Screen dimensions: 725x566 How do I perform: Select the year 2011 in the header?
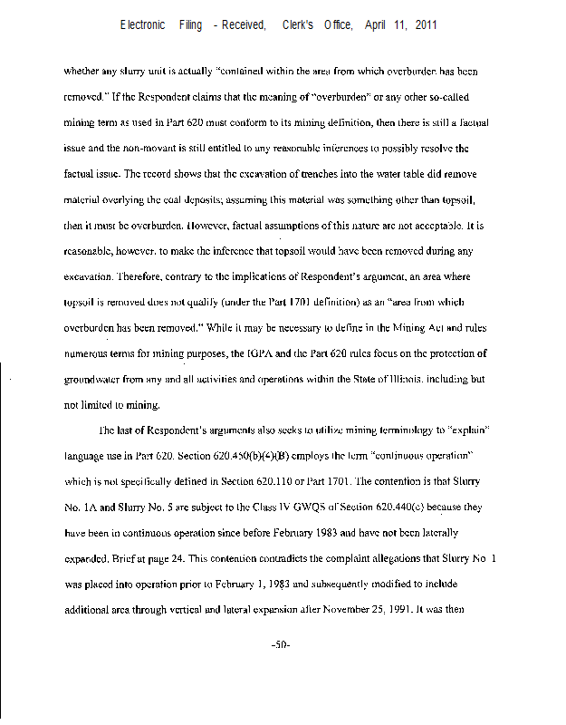pyautogui.click(x=426, y=25)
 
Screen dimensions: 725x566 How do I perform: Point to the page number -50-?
pyautogui.click(x=280, y=645)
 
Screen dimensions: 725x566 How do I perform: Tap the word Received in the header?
pyautogui.click(x=244, y=25)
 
